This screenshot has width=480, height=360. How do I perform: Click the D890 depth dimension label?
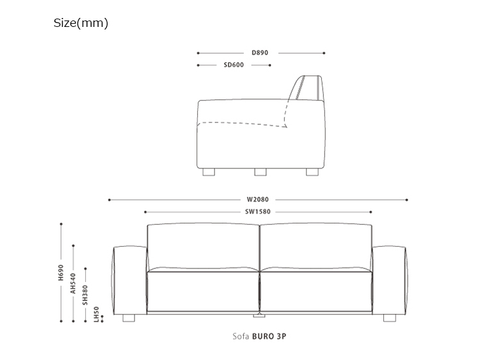click(x=260, y=53)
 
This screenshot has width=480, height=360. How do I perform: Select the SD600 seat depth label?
click(x=234, y=65)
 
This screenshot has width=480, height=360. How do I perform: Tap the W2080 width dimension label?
click(x=258, y=199)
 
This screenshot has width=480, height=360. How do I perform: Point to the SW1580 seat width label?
click(x=258, y=212)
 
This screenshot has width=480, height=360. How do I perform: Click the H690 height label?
click(x=61, y=273)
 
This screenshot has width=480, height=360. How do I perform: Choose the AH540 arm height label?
click(x=73, y=283)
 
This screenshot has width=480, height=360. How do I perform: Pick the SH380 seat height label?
click(x=85, y=295)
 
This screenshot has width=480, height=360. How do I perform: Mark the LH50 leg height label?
click(x=97, y=315)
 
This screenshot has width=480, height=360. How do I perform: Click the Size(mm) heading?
click(x=81, y=23)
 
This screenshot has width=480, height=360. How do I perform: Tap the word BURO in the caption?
click(x=263, y=336)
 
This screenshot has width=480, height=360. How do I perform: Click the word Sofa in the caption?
click(x=241, y=336)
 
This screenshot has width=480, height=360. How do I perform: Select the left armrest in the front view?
click(x=130, y=281)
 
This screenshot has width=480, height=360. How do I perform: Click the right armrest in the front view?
click(x=389, y=281)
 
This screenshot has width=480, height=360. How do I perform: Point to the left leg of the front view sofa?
click(x=129, y=318)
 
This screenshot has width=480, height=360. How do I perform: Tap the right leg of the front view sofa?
click(x=390, y=318)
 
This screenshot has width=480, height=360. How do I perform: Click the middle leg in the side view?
click(x=260, y=172)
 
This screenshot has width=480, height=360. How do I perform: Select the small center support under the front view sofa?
click(x=259, y=315)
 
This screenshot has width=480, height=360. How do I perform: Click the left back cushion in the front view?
click(x=204, y=247)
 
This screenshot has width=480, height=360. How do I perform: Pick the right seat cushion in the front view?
click(x=316, y=291)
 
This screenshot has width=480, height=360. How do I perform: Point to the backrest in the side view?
click(x=305, y=88)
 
